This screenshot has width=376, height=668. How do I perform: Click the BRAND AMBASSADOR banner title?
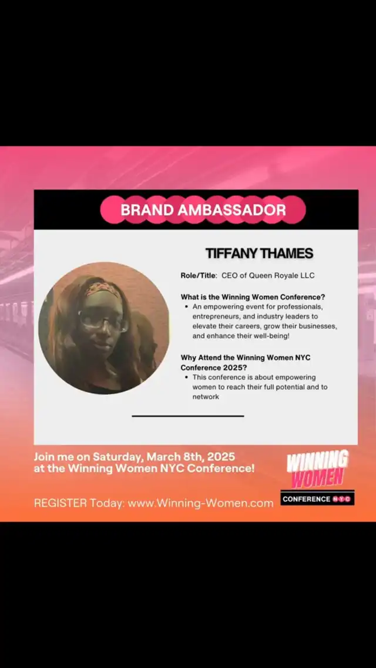(x=203, y=210)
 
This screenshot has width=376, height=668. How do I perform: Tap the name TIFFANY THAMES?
(x=259, y=254)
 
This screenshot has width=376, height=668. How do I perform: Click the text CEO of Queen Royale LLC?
(x=268, y=276)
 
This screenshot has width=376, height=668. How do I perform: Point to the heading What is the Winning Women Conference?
(x=253, y=297)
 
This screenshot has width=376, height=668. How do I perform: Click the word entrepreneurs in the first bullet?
(x=214, y=316)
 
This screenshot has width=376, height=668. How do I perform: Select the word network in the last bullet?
(x=206, y=397)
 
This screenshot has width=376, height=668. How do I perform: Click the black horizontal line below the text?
(x=188, y=416)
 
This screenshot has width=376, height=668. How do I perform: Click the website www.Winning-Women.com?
(x=201, y=503)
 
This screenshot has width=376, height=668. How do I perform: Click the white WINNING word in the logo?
(x=317, y=461)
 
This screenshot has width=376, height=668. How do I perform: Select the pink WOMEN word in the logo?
(x=318, y=478)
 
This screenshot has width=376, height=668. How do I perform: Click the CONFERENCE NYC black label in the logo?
(x=317, y=498)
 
